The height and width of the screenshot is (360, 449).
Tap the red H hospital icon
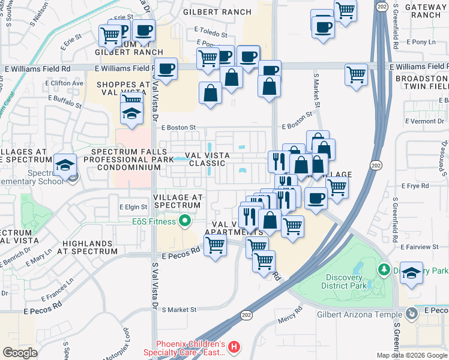(x=235, y=347)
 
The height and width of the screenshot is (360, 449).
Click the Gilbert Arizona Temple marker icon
(x=411, y=313)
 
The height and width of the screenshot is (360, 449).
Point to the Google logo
(x=20, y=353)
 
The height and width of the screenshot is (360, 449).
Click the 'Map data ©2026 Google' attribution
(x=412, y=355)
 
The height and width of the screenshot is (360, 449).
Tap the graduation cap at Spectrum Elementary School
(x=64, y=164)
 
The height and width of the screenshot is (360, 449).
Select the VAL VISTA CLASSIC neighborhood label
(x=208, y=158)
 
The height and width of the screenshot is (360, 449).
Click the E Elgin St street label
(x=133, y=207)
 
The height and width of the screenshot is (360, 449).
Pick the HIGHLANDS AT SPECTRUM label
(x=86, y=248)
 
